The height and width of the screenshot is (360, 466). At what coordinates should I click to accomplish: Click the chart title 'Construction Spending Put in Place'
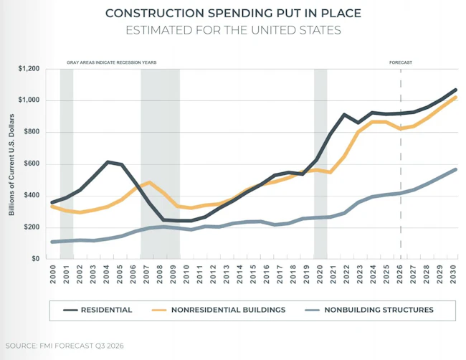233,14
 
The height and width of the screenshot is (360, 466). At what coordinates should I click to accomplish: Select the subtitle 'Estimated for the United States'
233,30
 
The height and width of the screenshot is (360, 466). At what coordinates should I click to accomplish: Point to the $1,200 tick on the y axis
29,69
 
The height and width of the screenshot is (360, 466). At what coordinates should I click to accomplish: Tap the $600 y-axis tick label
32,164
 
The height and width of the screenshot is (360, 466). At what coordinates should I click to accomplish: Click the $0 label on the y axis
36,259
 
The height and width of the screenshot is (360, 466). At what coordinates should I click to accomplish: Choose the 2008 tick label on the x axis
160,275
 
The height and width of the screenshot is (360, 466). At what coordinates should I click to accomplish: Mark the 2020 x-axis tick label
320,275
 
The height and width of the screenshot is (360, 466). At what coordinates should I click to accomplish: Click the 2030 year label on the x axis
453,275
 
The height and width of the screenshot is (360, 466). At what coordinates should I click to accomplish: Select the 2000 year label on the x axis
53,275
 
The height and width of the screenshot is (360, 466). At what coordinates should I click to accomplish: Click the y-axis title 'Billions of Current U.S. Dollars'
11,165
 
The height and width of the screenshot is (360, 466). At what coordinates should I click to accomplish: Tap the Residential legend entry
98,310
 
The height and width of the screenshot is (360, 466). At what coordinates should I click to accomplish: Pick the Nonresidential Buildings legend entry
219,310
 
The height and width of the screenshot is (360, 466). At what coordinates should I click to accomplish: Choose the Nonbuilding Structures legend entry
369,310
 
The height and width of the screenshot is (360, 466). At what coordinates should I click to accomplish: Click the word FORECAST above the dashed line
401,62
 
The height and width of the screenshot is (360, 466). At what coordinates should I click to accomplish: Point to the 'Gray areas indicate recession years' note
111,62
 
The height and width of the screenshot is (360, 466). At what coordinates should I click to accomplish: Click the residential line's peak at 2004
108,162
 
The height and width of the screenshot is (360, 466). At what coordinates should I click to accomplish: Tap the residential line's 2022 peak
344,115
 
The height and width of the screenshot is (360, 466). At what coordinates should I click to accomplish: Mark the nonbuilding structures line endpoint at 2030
455,170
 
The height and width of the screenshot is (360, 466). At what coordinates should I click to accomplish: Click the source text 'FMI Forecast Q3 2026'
82,346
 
